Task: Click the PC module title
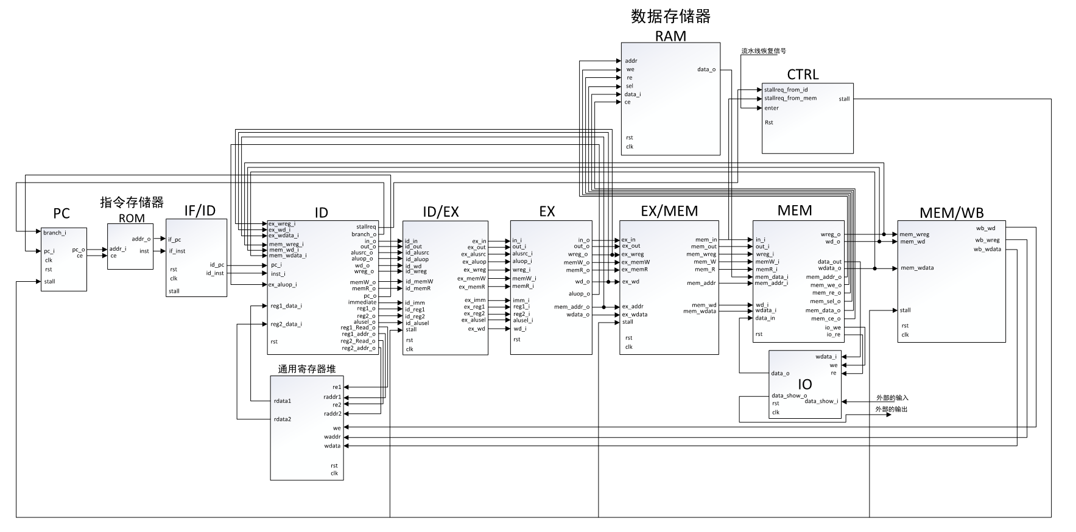(62, 214)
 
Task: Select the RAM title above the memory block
(670, 36)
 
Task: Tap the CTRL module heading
(803, 75)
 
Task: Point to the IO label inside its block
(804, 385)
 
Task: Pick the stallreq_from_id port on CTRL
(786, 89)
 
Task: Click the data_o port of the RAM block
(706, 69)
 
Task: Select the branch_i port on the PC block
(54, 233)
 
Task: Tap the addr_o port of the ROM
(141, 239)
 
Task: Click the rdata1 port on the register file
(283, 401)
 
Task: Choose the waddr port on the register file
(332, 437)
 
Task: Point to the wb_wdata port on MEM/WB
(987, 249)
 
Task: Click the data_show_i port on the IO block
(821, 401)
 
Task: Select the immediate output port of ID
(362, 303)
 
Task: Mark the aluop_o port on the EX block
(578, 294)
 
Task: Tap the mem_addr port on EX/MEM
(702, 283)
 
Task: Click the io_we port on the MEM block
(832, 327)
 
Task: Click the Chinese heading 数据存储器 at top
(670, 16)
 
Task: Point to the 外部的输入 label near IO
(891, 398)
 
